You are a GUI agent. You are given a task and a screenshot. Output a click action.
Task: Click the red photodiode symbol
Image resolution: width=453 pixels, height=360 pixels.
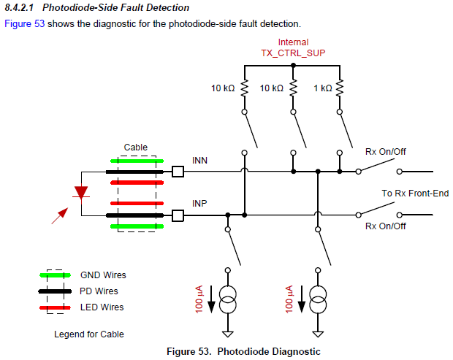[81, 193]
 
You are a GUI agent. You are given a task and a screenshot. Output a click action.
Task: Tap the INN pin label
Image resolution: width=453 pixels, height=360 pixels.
[200, 160]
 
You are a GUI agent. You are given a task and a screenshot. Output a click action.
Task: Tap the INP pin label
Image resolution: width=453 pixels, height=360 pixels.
[200, 202]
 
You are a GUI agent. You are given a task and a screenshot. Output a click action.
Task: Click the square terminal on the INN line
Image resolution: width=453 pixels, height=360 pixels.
[178, 172]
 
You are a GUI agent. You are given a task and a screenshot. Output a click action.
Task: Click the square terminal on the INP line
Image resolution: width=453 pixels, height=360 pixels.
[178, 215]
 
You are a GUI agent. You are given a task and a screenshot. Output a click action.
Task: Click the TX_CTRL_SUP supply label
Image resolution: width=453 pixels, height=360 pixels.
[293, 53]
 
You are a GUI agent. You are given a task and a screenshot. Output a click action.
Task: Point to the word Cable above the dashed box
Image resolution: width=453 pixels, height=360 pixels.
[135, 148]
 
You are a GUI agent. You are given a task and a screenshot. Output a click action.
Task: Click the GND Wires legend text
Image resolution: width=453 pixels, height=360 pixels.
[103, 275]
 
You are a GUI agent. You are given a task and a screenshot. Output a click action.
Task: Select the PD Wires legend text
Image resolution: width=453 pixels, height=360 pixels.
[99, 291]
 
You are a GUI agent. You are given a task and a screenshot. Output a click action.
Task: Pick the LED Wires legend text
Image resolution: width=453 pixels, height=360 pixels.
[102, 307]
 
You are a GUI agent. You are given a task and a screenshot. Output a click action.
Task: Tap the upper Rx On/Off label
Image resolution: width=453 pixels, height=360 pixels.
[386, 151]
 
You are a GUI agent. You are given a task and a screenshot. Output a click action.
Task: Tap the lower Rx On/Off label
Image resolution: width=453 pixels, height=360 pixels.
[386, 226]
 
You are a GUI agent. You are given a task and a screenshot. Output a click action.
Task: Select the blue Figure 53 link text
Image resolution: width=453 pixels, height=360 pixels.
[23, 24]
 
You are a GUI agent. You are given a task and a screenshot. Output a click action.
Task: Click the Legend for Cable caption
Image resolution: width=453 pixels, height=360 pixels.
[89, 334]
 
